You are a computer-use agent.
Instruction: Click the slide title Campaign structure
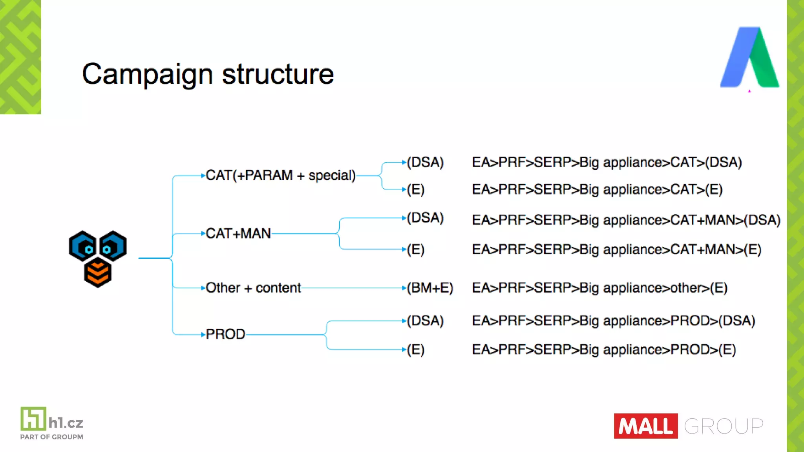[208, 74]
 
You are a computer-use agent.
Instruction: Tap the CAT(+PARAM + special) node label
[280, 175]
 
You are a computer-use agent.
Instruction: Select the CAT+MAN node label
[238, 233]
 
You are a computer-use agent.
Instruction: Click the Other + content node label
[253, 288]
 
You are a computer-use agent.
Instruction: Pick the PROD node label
[225, 334]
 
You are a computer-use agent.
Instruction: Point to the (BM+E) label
[430, 288]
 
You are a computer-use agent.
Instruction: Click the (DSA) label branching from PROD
[425, 321]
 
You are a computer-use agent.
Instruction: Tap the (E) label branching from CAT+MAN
[416, 249]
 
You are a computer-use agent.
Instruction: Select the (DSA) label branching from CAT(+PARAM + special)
[425, 162]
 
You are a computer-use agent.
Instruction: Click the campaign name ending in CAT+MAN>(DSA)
[626, 220]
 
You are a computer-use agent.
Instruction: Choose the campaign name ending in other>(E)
[599, 288]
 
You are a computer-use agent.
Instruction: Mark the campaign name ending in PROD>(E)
[604, 349]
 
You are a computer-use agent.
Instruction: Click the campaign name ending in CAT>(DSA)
[607, 162]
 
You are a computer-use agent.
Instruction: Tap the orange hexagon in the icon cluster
[98, 273]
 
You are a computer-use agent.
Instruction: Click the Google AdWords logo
[749, 57]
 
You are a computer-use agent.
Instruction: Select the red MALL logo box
[645, 426]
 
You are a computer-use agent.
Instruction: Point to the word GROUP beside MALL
[724, 426]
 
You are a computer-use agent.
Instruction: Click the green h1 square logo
[33, 419]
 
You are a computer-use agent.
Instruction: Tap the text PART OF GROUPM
[51, 437]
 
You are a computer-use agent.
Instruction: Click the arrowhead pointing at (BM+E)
[404, 288]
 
